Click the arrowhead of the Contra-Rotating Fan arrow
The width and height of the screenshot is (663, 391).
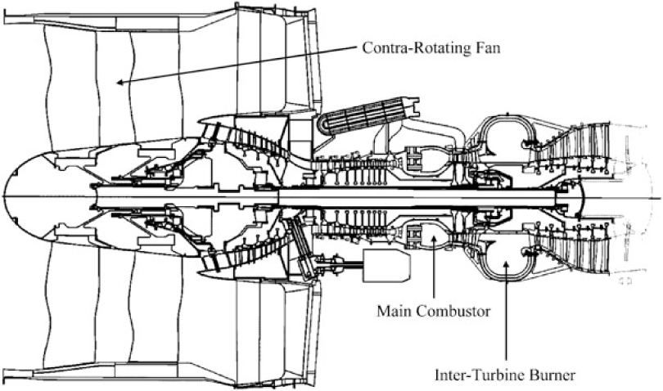118,82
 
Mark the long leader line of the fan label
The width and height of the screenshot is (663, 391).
237,65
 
